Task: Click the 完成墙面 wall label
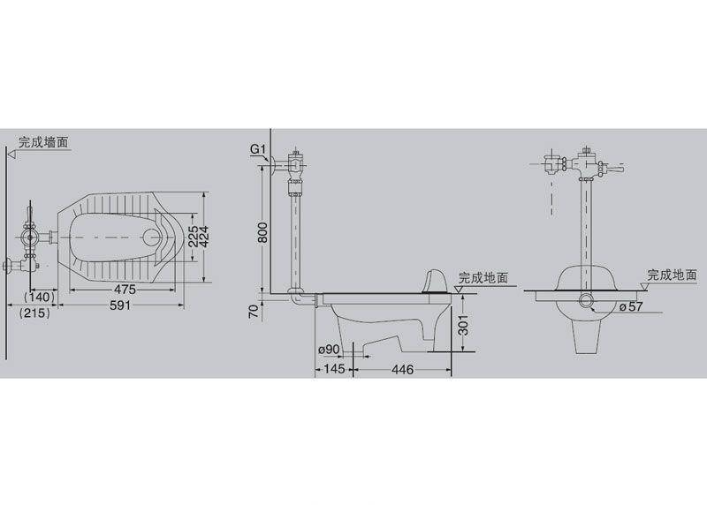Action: [x=43, y=142]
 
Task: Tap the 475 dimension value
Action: [x=125, y=289]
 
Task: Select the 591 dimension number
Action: [x=120, y=305]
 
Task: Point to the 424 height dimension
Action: [x=203, y=237]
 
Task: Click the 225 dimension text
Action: [x=193, y=237]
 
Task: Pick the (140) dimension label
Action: [x=39, y=297]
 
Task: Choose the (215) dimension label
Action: [x=34, y=313]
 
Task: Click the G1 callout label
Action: [x=258, y=149]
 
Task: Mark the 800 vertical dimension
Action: [x=262, y=232]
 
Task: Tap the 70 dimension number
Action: [x=254, y=312]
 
